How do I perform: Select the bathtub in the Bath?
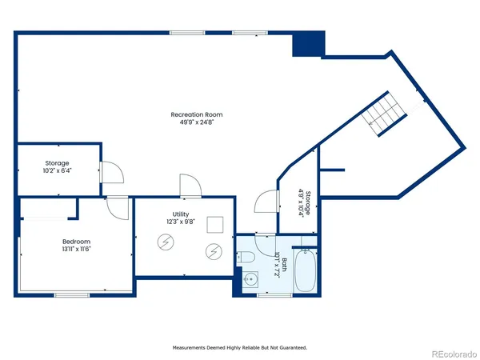click(x=306, y=270)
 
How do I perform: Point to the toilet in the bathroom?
click(x=247, y=256)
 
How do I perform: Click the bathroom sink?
click(x=251, y=281)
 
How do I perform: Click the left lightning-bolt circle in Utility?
click(x=166, y=241)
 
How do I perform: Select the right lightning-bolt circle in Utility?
click(x=214, y=251)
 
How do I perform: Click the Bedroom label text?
click(x=77, y=242)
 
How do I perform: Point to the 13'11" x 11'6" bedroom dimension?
click(x=77, y=250)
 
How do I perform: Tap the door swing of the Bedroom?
click(x=118, y=206)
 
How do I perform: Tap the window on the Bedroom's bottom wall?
click(x=71, y=295)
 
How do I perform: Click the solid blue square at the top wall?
click(x=308, y=44)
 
